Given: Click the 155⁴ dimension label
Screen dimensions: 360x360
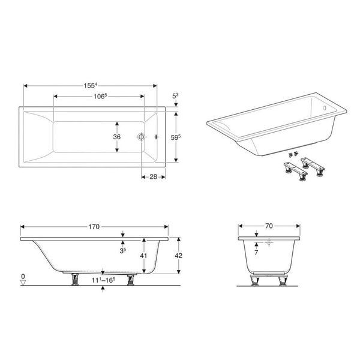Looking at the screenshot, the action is (91, 86).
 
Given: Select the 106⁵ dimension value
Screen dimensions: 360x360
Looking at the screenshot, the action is (100, 96).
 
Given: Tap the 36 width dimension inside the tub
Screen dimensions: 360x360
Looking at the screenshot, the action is (116, 137).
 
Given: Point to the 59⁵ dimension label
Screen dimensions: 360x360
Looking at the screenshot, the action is (176, 137).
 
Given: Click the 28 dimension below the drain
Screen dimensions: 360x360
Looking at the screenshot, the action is (153, 176).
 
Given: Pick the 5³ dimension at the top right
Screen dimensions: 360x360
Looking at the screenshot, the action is (175, 96).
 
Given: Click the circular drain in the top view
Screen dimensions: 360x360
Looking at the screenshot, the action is (141, 137).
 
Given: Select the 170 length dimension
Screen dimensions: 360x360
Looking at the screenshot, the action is (94, 227).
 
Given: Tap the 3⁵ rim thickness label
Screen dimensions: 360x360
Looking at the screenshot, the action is (123, 251).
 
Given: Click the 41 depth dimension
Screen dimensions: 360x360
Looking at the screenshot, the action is (143, 256).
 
